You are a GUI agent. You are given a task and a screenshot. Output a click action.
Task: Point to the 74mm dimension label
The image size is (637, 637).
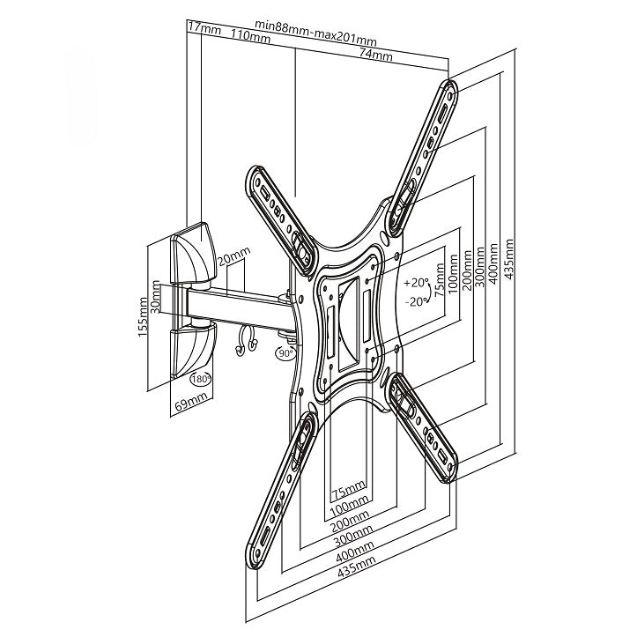(375, 56)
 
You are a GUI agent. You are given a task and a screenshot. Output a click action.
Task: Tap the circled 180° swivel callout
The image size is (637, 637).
(200, 380)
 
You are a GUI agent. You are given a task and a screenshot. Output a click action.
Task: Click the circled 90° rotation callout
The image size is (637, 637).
(285, 353)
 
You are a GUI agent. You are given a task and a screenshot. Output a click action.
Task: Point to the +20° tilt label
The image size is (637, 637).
(416, 284)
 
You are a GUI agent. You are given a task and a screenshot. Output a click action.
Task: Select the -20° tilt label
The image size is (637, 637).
(416, 300)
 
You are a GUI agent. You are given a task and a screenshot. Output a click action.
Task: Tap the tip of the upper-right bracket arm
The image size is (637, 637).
(449, 89)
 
